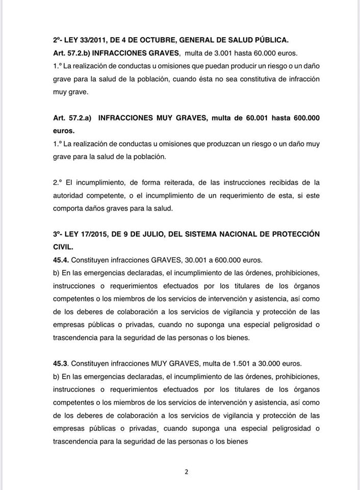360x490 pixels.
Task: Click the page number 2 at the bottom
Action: point(187,472)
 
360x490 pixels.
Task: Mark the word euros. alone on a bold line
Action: point(63,131)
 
